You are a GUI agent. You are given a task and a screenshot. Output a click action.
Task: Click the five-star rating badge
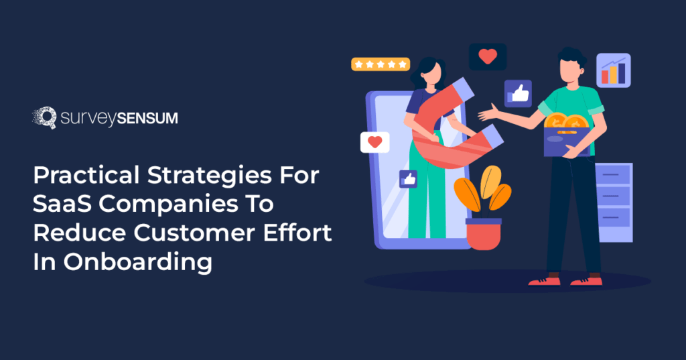coord(381,64)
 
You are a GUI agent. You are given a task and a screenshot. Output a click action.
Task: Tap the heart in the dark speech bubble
coord(488,56)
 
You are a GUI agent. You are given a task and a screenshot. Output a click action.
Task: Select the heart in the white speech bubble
coord(375,142)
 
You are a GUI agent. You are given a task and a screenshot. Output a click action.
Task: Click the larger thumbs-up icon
coord(518,93)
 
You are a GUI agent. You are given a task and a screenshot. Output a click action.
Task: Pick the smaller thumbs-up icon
coord(408,178)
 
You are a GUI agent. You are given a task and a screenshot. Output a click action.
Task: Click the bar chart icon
coord(613,70)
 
